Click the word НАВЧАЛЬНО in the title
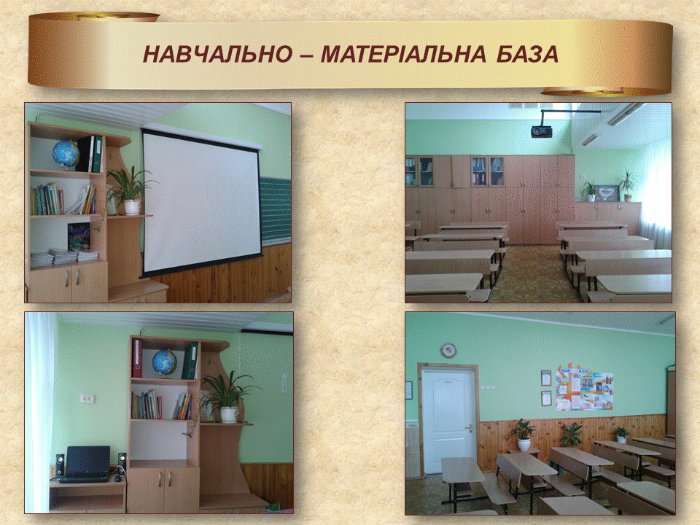pos(217,54)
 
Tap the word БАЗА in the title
pos(528,54)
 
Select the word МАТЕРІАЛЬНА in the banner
pos(403,54)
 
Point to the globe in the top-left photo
pos(66,154)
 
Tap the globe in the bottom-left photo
pos(164,362)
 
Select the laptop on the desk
pos(85,464)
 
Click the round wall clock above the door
pos(448,350)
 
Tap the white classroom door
pos(448,421)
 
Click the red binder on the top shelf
pos(137,358)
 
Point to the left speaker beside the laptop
pos(60,466)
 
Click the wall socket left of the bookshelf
pos(87,398)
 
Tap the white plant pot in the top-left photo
pos(132,206)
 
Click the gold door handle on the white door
pos(468,429)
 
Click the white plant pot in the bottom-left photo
pos(229,414)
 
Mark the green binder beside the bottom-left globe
pos(190,361)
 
